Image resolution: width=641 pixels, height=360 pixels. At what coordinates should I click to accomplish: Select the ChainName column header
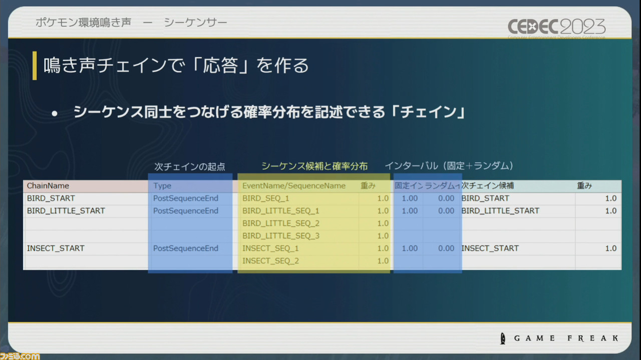coord(48,186)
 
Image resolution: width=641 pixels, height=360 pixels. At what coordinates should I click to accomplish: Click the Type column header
coord(162,186)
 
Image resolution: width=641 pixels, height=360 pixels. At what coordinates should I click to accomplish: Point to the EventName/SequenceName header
coord(294,186)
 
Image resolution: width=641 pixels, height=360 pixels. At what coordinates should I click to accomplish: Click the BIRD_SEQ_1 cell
coord(265,198)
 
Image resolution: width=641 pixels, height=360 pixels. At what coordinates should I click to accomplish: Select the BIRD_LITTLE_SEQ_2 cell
coord(280,223)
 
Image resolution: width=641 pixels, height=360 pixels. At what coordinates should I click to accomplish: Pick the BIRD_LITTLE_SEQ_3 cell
coord(280,236)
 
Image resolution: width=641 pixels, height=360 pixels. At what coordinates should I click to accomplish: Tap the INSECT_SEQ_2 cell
coord(270,261)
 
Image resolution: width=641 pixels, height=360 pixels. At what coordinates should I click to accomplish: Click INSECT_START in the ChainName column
coord(56,248)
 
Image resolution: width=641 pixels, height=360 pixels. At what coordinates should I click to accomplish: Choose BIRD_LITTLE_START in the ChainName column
coord(66,211)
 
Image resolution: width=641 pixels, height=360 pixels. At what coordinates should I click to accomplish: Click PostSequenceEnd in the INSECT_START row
coord(186,248)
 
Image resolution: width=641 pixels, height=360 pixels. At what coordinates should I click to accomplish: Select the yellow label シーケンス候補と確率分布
coord(314,166)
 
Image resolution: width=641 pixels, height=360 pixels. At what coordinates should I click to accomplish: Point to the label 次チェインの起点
coord(189,167)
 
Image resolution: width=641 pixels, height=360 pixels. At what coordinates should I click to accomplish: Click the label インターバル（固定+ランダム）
coord(449,166)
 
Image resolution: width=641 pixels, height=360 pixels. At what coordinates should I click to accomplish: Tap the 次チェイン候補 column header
coord(487,186)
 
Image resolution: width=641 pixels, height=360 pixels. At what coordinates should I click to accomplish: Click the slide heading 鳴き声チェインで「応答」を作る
coord(176,66)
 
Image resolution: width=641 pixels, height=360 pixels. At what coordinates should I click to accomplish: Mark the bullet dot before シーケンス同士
coord(55,114)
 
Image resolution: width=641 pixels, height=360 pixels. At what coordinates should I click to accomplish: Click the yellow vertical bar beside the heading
coord(35,66)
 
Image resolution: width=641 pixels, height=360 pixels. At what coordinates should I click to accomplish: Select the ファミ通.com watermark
coord(20,355)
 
